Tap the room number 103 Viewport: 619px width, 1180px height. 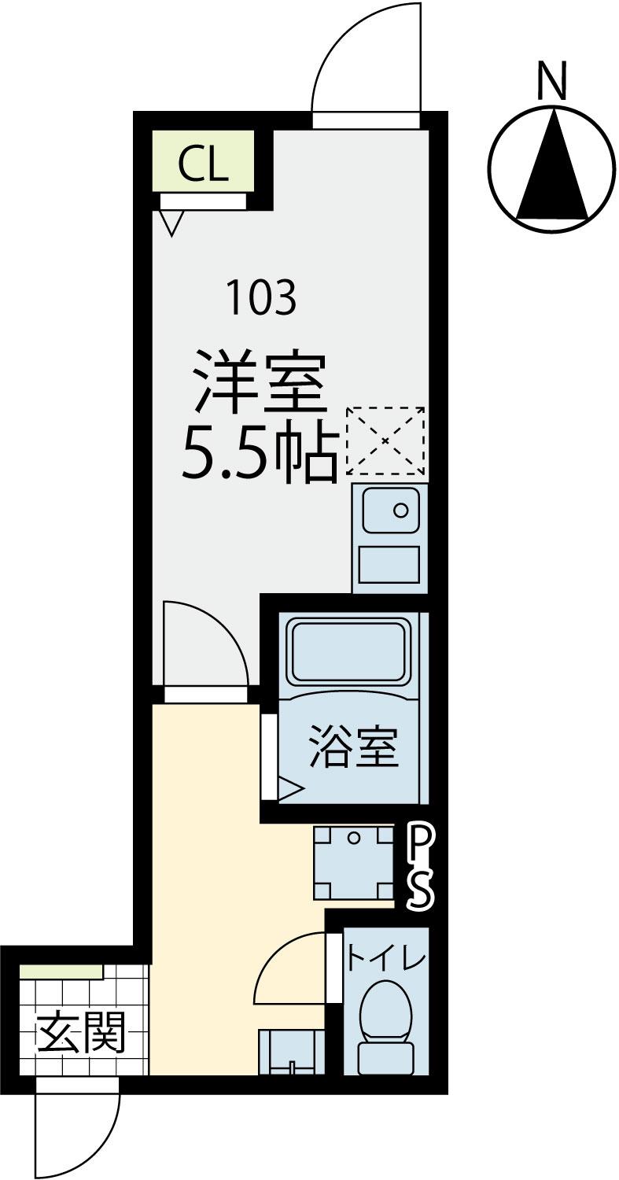point(261,297)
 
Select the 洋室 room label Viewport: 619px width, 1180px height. point(260,382)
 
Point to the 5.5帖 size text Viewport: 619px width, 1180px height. point(259,451)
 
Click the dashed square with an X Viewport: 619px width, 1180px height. point(385,441)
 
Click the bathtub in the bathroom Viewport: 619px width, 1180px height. point(348,651)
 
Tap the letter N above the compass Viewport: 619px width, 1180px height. point(552,81)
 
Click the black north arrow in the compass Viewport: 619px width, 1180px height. point(552,164)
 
